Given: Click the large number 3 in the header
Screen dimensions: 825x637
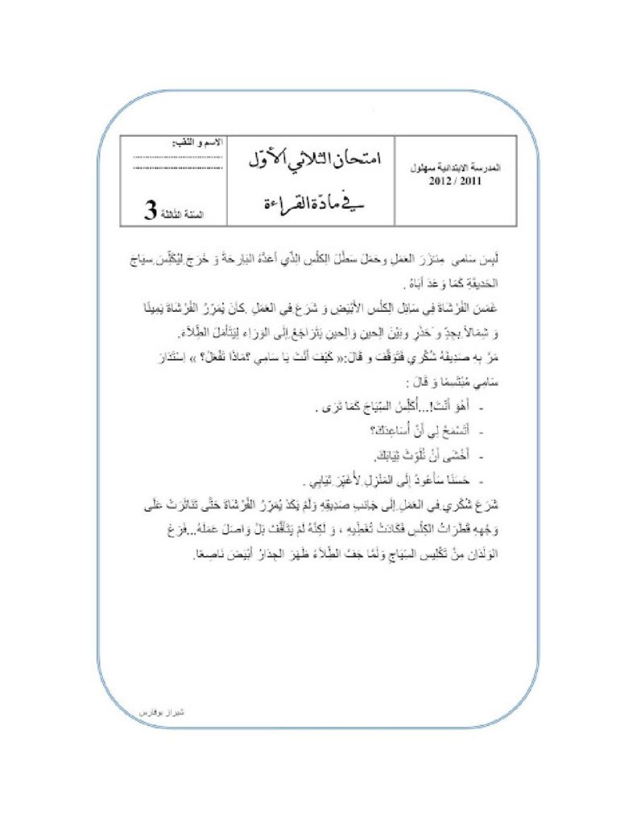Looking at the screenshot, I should (150, 211).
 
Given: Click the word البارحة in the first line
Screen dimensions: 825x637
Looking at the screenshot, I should (246, 259).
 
